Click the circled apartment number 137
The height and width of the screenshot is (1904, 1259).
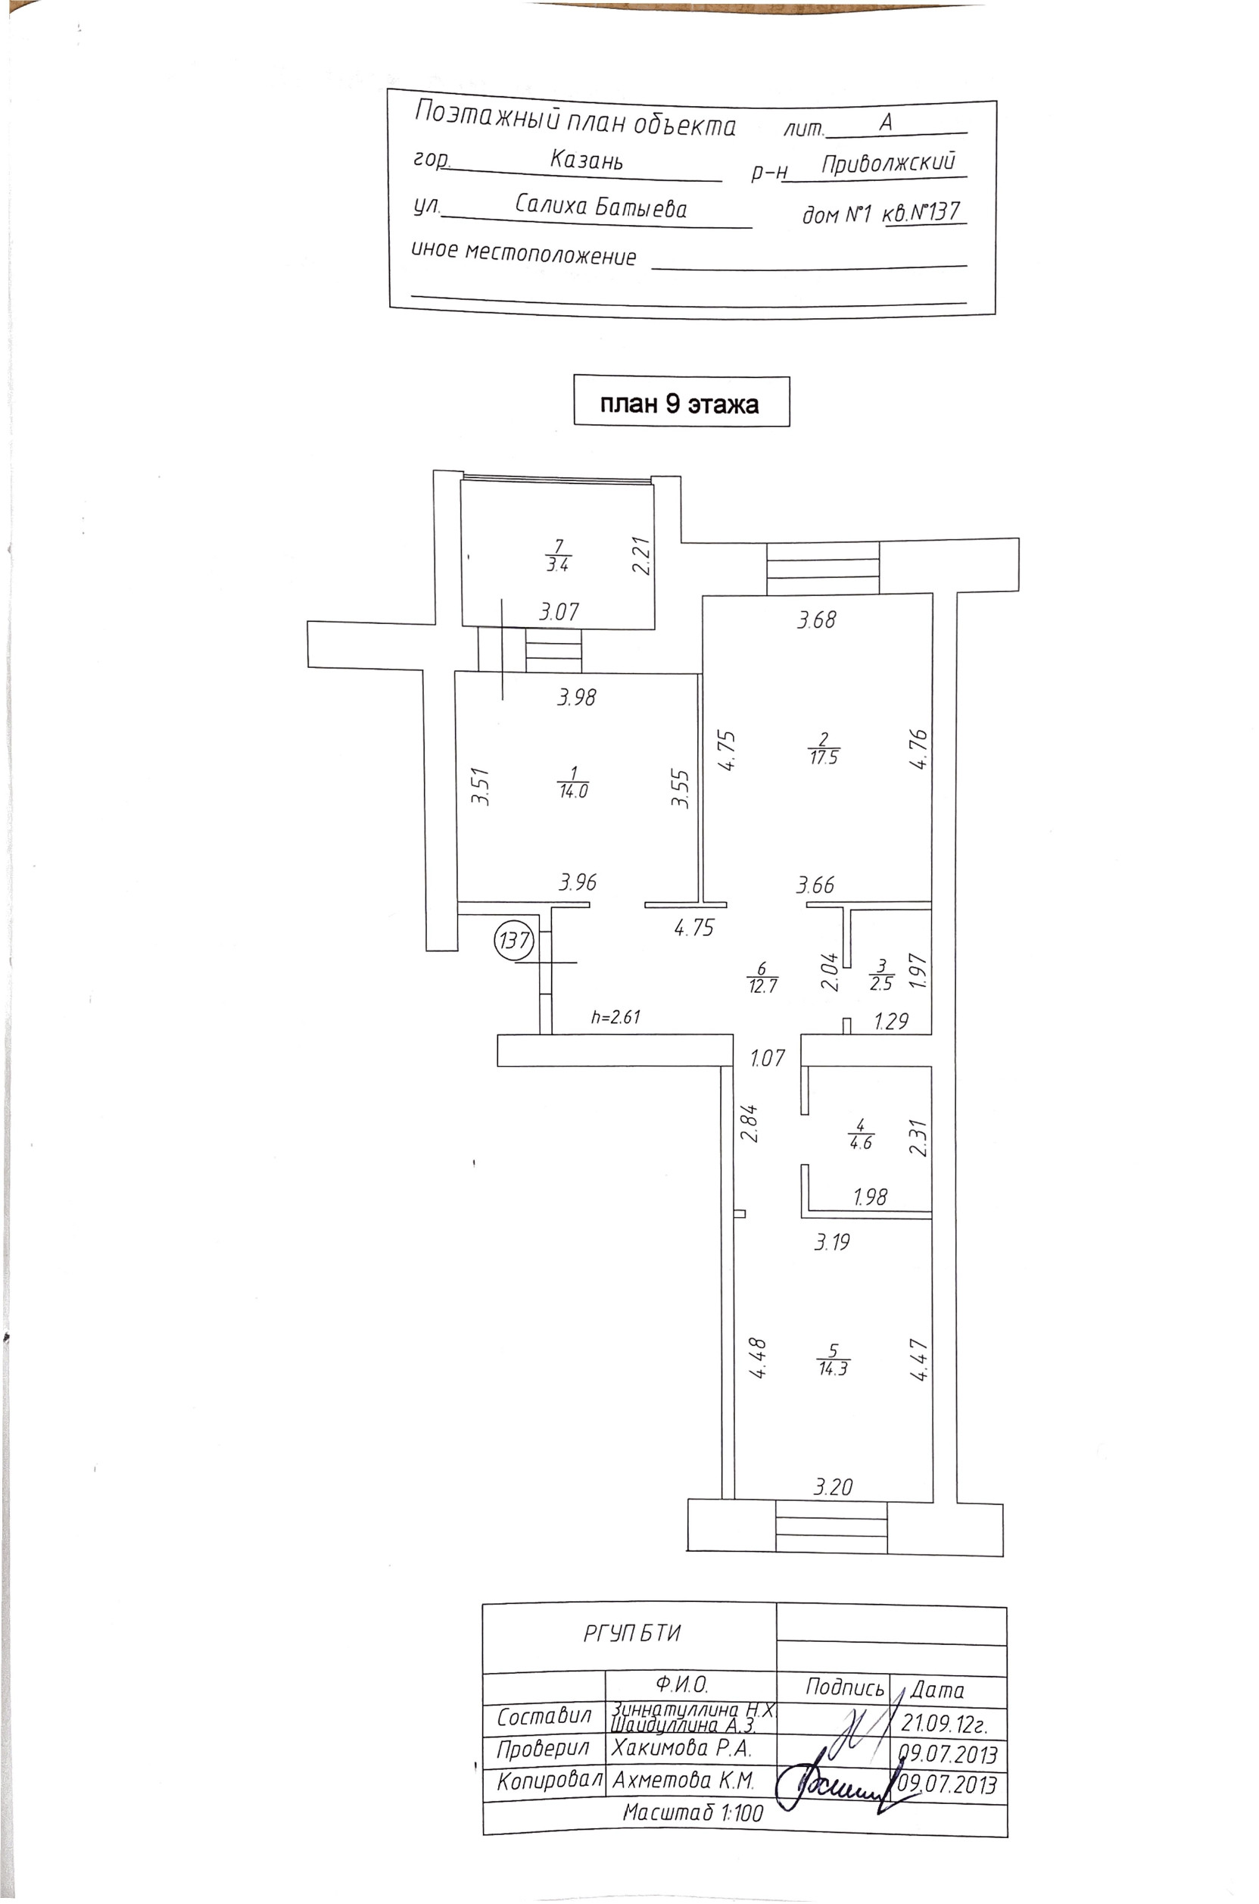(514, 939)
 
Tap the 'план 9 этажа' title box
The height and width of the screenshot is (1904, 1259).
(681, 402)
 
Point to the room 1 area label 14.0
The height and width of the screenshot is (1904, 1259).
(572, 782)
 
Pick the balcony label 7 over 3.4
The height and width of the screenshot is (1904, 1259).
(557, 556)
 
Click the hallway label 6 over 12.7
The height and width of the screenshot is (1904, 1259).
(762, 977)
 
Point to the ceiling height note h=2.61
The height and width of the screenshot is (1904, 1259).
(615, 1016)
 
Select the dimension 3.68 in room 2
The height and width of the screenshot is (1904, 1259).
(817, 620)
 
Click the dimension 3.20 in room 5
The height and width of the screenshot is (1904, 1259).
(833, 1487)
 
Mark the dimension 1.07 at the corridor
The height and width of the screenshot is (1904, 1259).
(768, 1057)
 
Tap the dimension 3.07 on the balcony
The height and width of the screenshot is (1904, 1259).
(558, 612)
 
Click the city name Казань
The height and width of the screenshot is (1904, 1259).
(586, 160)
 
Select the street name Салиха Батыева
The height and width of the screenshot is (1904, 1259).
(600, 208)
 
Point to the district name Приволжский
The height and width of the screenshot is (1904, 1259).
(889, 163)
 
